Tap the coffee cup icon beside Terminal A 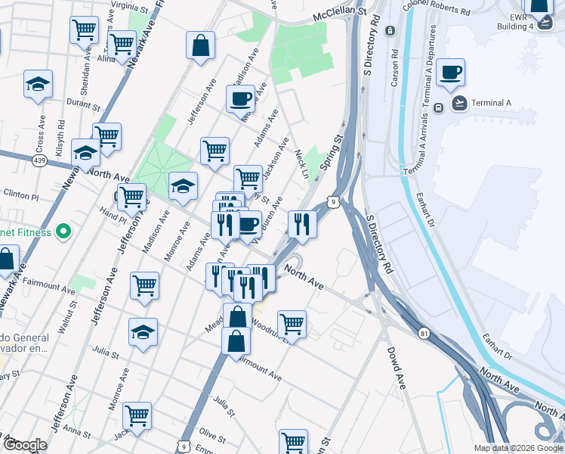(x=450, y=73)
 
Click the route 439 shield (x=41, y=160)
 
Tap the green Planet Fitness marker (x=63, y=232)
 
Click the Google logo (x=25, y=445)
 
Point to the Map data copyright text (x=518, y=448)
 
